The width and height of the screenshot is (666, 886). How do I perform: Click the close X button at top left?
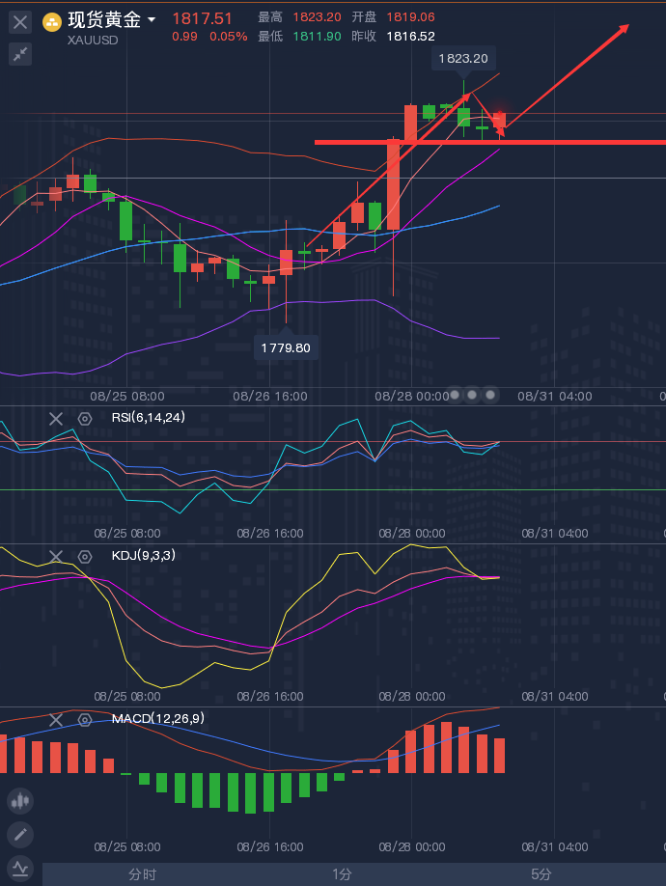coord(20,21)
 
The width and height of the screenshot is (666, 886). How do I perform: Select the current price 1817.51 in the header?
coord(202,18)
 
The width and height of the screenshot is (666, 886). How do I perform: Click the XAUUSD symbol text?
coord(93,40)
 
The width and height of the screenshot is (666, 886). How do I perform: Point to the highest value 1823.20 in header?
coord(318,17)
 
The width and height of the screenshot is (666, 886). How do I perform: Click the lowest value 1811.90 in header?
coord(318,36)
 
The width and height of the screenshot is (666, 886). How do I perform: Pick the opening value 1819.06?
coord(410,17)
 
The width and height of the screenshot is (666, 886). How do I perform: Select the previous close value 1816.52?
coord(410,36)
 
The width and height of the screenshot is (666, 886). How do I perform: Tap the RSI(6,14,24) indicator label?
coord(148,417)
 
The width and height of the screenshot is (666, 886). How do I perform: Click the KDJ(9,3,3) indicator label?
coord(144,556)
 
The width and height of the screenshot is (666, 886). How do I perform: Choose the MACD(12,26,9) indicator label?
coord(158,719)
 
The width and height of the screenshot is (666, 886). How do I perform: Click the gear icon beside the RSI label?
coord(85,418)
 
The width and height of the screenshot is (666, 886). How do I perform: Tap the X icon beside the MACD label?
coord(56,720)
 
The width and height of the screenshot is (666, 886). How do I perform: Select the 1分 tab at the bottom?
coord(342,874)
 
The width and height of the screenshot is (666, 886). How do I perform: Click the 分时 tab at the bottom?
coord(142,874)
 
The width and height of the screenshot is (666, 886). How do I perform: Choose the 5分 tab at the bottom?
coord(541,874)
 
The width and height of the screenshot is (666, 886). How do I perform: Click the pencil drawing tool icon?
coord(20,834)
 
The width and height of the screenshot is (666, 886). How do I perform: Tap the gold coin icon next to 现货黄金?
coord(52,21)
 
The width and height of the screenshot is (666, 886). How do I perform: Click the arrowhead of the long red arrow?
coord(625,27)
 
